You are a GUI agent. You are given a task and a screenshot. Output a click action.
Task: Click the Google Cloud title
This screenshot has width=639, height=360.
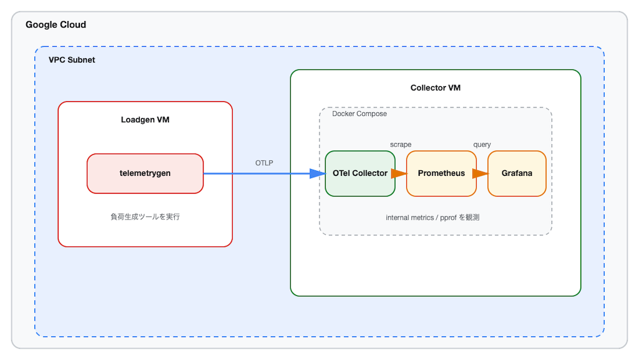coord(56,25)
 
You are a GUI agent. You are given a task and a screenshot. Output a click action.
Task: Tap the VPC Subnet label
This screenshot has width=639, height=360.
coord(72,60)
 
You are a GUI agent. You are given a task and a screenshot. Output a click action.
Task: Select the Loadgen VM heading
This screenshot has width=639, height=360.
coord(145,120)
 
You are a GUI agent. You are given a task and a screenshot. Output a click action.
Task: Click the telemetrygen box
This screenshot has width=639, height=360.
coord(145,173)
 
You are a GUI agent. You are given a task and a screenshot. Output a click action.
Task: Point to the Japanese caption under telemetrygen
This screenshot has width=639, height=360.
coord(145,217)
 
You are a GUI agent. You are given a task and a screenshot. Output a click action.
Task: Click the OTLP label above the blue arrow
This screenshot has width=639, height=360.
coord(264,163)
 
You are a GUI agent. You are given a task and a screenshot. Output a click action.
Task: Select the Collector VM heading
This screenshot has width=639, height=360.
coord(435,88)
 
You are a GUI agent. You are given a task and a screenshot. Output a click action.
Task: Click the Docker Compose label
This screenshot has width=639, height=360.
coord(359,114)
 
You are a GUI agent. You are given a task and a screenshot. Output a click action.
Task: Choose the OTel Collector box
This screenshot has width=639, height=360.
coord(360,173)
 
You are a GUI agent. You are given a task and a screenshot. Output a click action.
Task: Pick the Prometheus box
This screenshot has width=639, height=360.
coord(441,173)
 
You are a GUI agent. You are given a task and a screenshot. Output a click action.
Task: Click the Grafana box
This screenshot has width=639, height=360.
coord(517,173)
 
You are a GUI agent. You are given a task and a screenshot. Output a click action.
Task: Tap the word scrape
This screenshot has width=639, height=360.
coord(401,145)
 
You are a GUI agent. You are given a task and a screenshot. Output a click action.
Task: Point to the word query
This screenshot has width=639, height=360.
coord(482,145)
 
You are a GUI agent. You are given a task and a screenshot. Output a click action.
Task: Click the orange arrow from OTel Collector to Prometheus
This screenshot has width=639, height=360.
coord(399,173)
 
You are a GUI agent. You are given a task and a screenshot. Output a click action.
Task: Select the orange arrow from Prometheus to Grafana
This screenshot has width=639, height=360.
coord(480,173)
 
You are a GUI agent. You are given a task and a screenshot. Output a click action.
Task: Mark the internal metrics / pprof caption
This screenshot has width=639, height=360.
coord(432,218)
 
